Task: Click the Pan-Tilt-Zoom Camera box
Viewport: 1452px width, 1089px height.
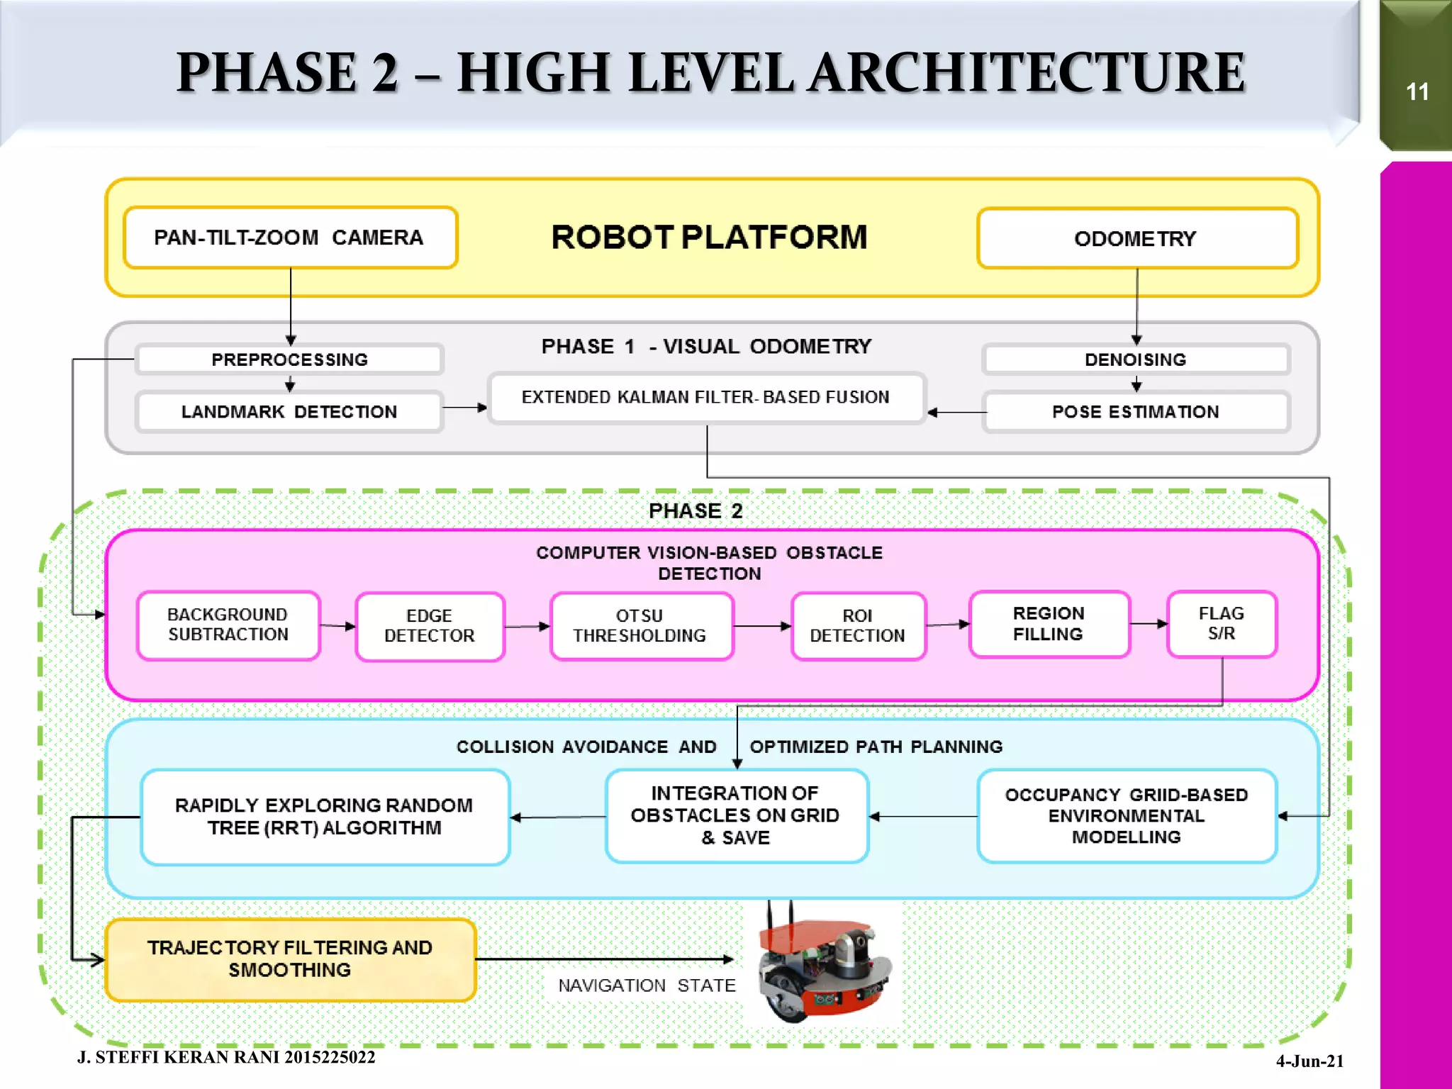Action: (290, 238)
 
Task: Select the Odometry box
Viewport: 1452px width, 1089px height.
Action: (1137, 238)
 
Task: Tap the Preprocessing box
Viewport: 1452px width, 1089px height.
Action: (289, 359)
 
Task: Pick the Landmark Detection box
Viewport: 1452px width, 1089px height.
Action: (289, 412)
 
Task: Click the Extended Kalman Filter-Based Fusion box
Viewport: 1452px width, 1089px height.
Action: (706, 397)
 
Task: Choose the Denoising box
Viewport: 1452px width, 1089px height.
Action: (1135, 359)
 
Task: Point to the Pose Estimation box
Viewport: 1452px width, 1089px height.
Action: (1135, 412)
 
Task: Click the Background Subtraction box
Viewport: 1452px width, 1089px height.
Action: (228, 625)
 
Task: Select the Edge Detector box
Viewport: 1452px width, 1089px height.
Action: (430, 626)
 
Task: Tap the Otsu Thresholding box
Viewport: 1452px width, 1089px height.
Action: (641, 626)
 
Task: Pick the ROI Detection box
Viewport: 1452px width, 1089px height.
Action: (858, 626)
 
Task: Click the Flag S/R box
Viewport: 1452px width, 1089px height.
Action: (1221, 624)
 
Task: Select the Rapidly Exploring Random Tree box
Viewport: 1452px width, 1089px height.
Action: (325, 817)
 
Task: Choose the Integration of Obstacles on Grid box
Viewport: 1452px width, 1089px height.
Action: (736, 815)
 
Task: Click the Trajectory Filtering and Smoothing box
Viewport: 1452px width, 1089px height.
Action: (290, 959)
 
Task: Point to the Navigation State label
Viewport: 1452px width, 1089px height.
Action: (647, 985)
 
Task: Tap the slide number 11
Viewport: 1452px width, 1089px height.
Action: (1417, 92)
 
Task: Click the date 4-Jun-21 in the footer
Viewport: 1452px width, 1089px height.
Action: (1309, 1061)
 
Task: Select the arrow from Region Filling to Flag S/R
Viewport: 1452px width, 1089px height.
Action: (1148, 624)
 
